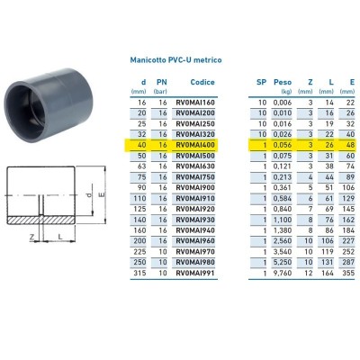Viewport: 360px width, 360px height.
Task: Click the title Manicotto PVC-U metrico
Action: click(176, 59)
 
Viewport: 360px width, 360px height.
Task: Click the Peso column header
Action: click(283, 82)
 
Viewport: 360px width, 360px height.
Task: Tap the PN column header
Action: click(162, 82)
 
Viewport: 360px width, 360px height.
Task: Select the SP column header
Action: click(261, 82)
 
